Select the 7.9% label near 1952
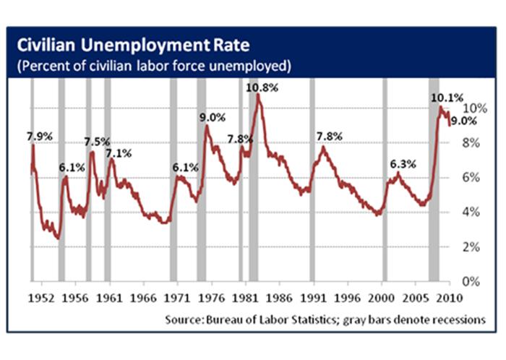[40, 135]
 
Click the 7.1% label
[119, 153]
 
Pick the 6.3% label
[403, 164]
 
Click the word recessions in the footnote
[457, 319]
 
